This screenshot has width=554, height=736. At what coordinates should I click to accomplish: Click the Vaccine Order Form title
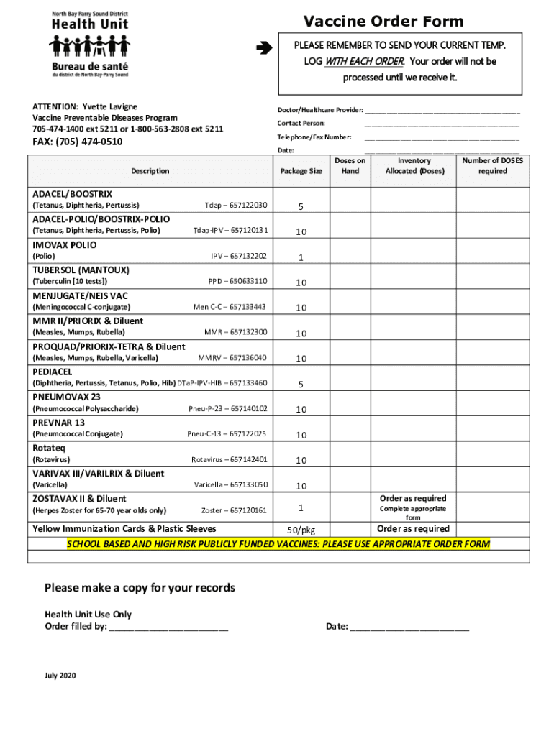pos(383,22)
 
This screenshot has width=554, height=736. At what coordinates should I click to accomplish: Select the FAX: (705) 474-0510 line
pos(78,142)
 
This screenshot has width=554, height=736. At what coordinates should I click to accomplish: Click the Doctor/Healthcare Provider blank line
pos(442,111)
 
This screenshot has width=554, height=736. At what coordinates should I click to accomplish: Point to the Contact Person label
pos(301,124)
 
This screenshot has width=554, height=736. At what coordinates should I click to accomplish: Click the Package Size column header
pos(301,171)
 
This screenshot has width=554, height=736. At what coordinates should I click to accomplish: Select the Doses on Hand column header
pos(350,166)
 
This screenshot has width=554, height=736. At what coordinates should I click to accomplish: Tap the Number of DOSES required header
pos(493,166)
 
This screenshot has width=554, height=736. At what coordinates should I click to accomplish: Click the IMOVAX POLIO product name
pos(65,244)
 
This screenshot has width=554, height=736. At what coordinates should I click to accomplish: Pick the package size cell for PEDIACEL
pos(301,385)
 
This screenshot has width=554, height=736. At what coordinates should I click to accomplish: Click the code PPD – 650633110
pos(237,282)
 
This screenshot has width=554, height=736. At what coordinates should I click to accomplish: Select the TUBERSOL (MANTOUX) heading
pos(81,270)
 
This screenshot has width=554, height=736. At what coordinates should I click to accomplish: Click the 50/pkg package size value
pos(301,530)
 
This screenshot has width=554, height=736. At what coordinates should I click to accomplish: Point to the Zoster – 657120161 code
pos(234,510)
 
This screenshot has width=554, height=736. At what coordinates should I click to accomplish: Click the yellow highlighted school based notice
pos(278,544)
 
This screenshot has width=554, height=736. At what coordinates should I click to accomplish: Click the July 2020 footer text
pos(60,676)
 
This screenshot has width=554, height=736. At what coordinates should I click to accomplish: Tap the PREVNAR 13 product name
pos(58,423)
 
